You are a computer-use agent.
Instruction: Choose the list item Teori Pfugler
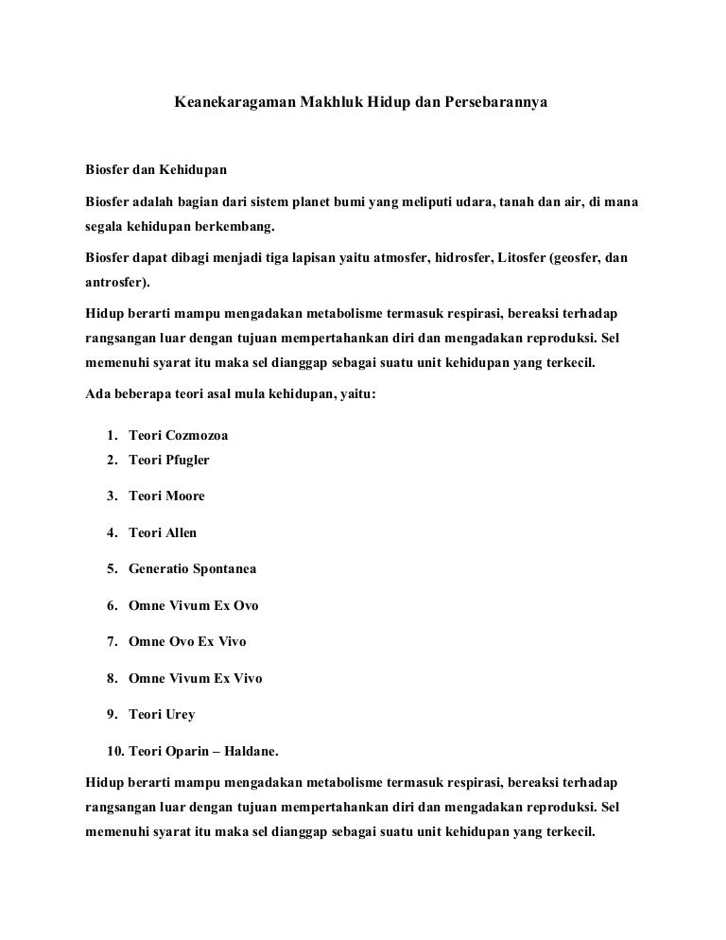[168, 460]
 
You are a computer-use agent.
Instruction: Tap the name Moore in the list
[185, 496]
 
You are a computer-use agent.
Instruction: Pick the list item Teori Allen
[163, 532]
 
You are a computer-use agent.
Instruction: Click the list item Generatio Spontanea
[192, 569]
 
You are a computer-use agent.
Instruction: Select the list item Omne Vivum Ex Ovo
[193, 605]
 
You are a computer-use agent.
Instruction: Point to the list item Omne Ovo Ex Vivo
[187, 641]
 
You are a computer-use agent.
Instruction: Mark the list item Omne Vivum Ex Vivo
[195, 678]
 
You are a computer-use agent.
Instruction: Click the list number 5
[112, 569]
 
